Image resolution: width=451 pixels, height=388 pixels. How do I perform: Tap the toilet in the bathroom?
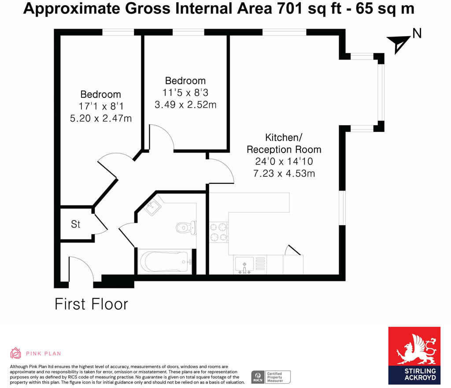coord(186,228)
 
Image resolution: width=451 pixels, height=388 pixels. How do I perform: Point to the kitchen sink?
coord(244,265)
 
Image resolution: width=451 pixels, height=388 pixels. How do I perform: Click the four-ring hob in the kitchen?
coord(218,232)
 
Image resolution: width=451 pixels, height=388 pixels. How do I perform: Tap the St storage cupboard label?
coord(76,224)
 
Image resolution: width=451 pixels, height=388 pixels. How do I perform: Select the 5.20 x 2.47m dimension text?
coord(101,118)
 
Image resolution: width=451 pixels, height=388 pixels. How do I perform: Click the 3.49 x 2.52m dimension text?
coord(185,105)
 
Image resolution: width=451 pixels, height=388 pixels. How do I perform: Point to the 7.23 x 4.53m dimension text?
coord(284,173)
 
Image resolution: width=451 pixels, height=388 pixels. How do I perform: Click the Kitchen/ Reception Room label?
coord(284,143)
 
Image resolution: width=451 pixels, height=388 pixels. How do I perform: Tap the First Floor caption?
coord(91,304)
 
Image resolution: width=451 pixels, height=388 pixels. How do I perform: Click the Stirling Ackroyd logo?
coord(414,355)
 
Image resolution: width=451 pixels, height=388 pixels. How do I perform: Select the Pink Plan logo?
coord(36,353)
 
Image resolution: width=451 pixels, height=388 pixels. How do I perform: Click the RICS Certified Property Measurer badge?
coord(271,377)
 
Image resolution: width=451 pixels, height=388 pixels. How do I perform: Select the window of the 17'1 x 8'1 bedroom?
coord(118,32)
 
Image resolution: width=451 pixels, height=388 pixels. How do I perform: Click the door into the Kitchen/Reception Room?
coord(220,170)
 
